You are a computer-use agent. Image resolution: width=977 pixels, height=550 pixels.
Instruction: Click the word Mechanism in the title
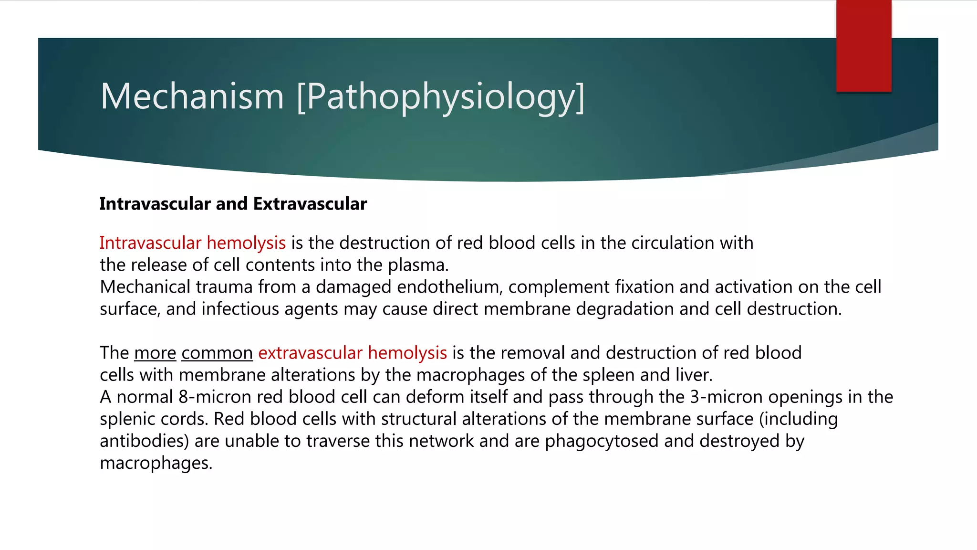192,96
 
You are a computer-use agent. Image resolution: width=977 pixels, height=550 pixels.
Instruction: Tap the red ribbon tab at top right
863,46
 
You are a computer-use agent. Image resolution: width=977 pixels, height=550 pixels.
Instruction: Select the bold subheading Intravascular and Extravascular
233,204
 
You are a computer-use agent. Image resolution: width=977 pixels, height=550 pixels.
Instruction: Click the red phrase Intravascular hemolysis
192,243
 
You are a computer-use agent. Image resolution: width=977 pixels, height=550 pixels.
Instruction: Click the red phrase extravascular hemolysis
352,353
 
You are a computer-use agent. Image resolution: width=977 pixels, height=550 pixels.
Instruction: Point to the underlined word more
155,353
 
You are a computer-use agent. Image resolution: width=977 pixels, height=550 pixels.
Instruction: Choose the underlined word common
217,353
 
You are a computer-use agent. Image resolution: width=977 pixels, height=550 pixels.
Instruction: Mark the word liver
694,375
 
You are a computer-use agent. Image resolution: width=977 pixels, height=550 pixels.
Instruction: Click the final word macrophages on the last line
156,463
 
